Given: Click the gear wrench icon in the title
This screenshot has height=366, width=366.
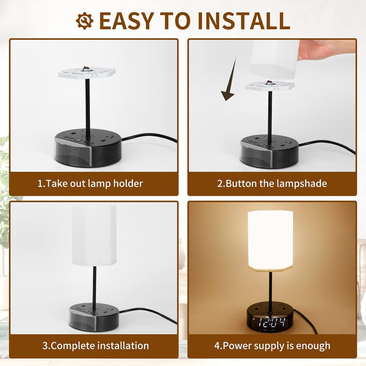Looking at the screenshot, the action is (x=85, y=21).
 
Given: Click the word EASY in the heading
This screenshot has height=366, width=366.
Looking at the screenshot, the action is (x=127, y=21).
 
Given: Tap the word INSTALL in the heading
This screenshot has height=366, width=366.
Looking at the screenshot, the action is (x=244, y=21).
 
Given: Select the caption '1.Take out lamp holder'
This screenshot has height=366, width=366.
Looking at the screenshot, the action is (x=90, y=184).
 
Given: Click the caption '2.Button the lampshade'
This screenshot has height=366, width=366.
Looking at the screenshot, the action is (x=272, y=184).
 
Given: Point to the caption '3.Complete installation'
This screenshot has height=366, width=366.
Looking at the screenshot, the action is (x=96, y=346).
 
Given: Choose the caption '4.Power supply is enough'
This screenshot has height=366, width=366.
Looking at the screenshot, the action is (x=272, y=346).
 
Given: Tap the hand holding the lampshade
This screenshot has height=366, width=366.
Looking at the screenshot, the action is (x=327, y=49).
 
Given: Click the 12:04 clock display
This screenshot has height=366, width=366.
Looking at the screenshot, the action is (x=272, y=322).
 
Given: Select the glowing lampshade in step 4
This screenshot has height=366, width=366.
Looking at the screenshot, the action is (x=270, y=242).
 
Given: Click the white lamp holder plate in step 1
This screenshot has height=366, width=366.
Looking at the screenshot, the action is (x=87, y=73).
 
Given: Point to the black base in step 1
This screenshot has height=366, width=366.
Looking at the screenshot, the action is (x=88, y=148).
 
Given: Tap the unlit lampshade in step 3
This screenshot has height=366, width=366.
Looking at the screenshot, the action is (x=95, y=235).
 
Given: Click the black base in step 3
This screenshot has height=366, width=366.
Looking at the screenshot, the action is (x=94, y=317).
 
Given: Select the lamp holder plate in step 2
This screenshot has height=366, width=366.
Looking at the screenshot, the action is (x=270, y=85).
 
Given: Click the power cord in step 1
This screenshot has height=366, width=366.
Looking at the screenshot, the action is (x=149, y=137).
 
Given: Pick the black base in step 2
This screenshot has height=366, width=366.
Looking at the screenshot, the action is (x=270, y=151).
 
